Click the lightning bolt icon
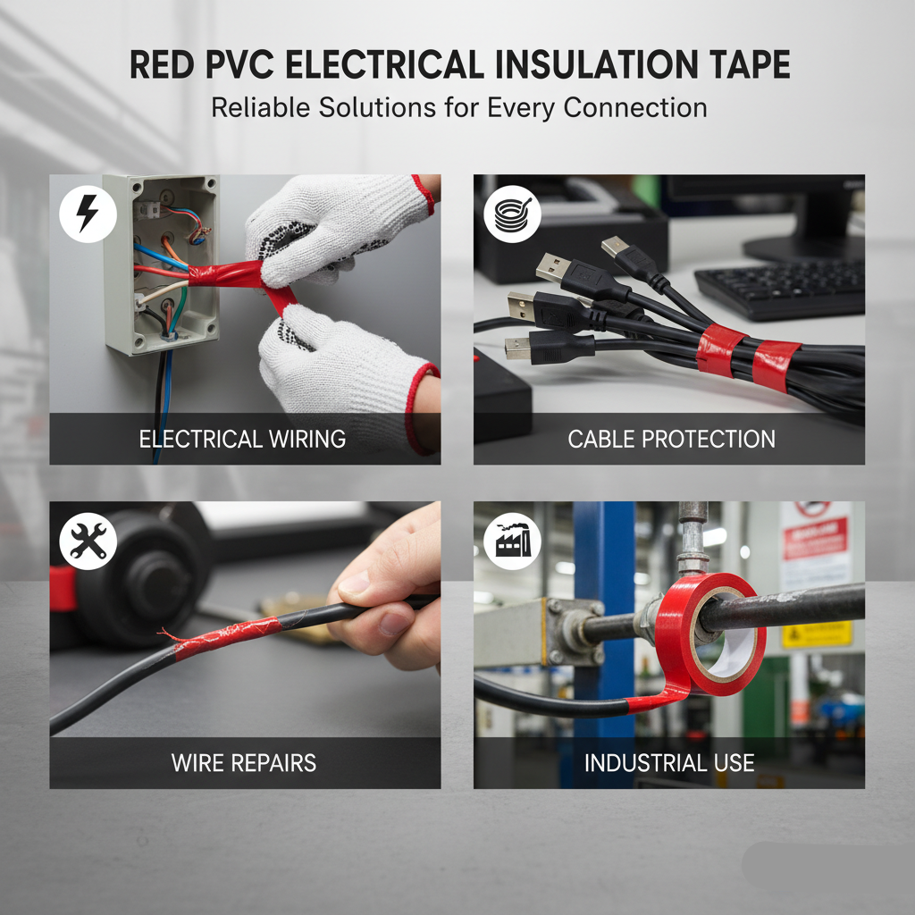click(88, 215)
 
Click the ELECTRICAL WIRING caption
click(242, 439)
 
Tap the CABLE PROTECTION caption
click(671, 439)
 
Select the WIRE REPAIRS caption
click(243, 763)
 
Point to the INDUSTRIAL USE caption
click(669, 763)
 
